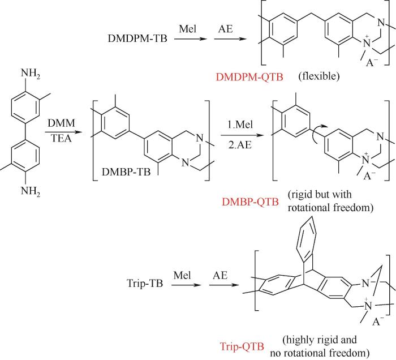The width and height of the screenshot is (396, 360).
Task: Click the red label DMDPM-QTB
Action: [x=249, y=76]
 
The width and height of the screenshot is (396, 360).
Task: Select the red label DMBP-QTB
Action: [x=250, y=202]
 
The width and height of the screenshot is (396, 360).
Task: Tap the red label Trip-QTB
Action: [x=242, y=346]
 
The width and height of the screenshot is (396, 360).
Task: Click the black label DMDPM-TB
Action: [x=137, y=38]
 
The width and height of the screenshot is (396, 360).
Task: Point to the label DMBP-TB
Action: [x=126, y=172]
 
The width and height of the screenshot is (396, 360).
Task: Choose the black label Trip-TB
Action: [x=145, y=283]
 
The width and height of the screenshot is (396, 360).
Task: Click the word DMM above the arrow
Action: [x=61, y=123]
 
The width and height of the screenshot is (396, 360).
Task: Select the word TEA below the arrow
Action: [x=61, y=138]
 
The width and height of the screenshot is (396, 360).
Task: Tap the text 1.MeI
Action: [x=240, y=125]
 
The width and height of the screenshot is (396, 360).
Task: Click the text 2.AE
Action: [x=240, y=145]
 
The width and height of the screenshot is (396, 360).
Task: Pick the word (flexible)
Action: [x=319, y=76]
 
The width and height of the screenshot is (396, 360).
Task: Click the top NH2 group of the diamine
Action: [x=31, y=74]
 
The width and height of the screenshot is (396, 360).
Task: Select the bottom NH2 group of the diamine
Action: [x=31, y=191]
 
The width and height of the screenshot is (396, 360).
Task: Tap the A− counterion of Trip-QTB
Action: [x=378, y=322]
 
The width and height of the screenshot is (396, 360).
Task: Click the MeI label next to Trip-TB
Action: [x=182, y=275]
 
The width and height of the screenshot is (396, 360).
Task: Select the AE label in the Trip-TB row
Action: [x=220, y=275]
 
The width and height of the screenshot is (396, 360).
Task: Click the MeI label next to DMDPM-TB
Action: [x=188, y=28]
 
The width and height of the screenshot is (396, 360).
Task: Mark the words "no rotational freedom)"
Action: [x=320, y=353]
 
